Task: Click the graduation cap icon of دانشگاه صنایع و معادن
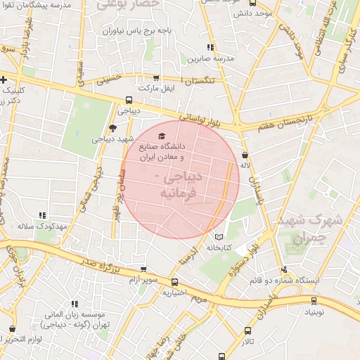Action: [162, 134]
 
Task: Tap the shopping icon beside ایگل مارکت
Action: [156, 78]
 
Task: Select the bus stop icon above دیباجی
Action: [129, 100]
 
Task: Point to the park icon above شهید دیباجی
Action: [112, 127]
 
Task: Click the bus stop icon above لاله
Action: [245, 155]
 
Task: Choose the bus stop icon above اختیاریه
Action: [175, 282]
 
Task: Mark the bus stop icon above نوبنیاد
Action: [314, 300]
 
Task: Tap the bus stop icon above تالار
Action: [247, 330]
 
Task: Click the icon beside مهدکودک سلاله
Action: [42, 216]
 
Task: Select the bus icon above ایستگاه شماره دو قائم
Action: [284, 269]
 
